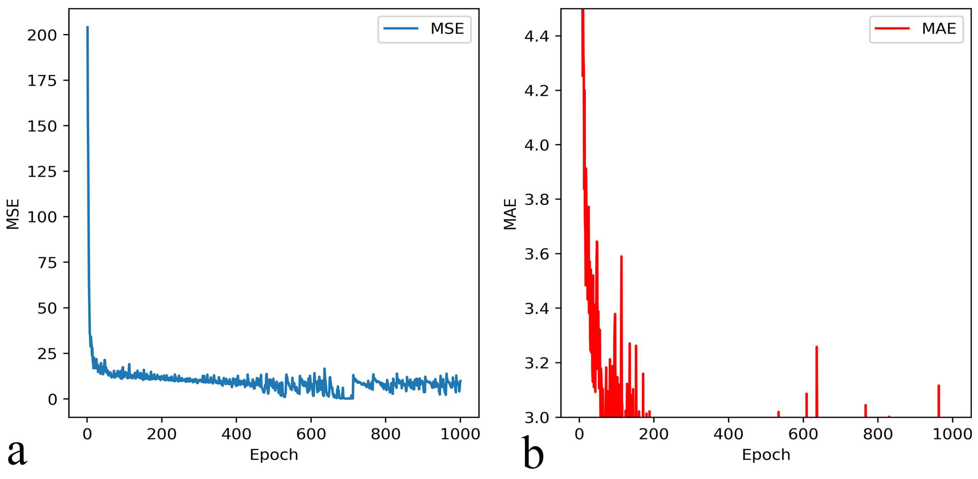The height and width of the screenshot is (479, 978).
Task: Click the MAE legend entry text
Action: [939, 29]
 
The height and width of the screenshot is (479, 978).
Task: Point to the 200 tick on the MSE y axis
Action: [42, 35]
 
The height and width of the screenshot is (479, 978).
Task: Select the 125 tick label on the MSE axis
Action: [42, 172]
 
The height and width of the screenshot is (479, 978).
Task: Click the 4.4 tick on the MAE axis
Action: [536, 37]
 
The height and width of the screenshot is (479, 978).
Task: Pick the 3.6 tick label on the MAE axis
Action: [536, 254]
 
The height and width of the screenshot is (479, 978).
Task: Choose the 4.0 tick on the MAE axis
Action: [536, 145]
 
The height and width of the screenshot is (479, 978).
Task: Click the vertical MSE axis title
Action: [13, 214]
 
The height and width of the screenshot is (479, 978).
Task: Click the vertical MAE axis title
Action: [510, 214]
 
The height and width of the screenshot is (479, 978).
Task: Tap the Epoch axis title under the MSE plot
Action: [274, 455]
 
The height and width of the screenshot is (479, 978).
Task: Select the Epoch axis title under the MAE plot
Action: [766, 455]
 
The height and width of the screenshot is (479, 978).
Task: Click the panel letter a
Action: [17, 452]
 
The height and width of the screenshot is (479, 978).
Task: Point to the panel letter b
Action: [533, 452]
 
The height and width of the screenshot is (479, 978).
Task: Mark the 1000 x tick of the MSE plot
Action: [460, 434]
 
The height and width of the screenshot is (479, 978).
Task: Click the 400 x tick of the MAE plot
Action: [728, 434]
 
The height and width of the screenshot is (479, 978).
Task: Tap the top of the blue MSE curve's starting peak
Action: [87, 27]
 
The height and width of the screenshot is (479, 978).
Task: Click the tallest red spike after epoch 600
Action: [816, 347]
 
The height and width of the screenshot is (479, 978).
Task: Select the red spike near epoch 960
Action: [939, 386]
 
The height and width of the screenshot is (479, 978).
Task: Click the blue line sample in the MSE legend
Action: [400, 28]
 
